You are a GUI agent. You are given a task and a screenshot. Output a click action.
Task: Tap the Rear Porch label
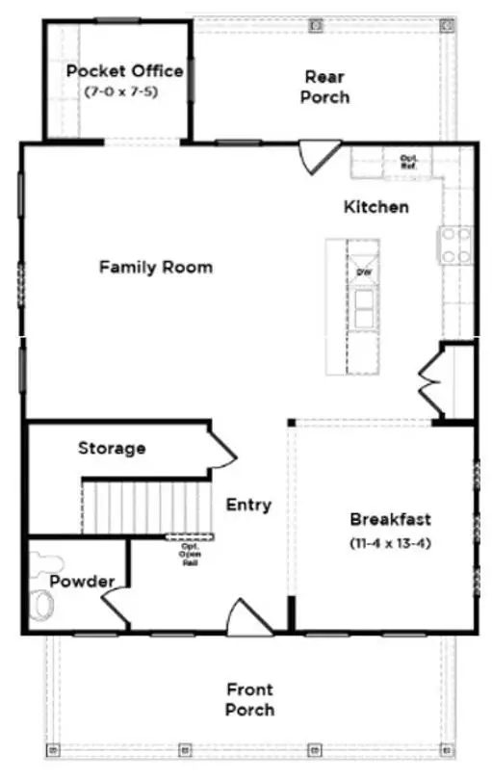pyautogui.click(x=324, y=87)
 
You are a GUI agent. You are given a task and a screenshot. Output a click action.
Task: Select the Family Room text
pyautogui.click(x=156, y=267)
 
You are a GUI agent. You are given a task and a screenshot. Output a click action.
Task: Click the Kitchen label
pyautogui.click(x=376, y=207)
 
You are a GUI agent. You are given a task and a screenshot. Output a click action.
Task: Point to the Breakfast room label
pyautogui.click(x=389, y=519)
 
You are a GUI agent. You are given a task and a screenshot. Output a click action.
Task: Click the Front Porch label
pyautogui.click(x=249, y=699)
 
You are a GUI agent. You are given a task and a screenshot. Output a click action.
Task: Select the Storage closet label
pyautogui.click(x=112, y=448)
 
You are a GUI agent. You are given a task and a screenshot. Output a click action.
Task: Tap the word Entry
pyautogui.click(x=248, y=505)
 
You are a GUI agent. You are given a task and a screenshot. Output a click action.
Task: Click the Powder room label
pyautogui.click(x=82, y=582)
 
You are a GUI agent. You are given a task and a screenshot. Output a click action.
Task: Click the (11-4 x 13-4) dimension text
pyautogui.click(x=389, y=543)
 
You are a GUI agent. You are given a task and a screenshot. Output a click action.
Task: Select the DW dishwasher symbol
pyautogui.click(x=364, y=273)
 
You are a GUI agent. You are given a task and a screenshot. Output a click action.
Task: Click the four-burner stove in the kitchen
pyautogui.click(x=456, y=245)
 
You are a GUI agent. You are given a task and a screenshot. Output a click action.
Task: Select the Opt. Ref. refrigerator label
pyautogui.click(x=407, y=161)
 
